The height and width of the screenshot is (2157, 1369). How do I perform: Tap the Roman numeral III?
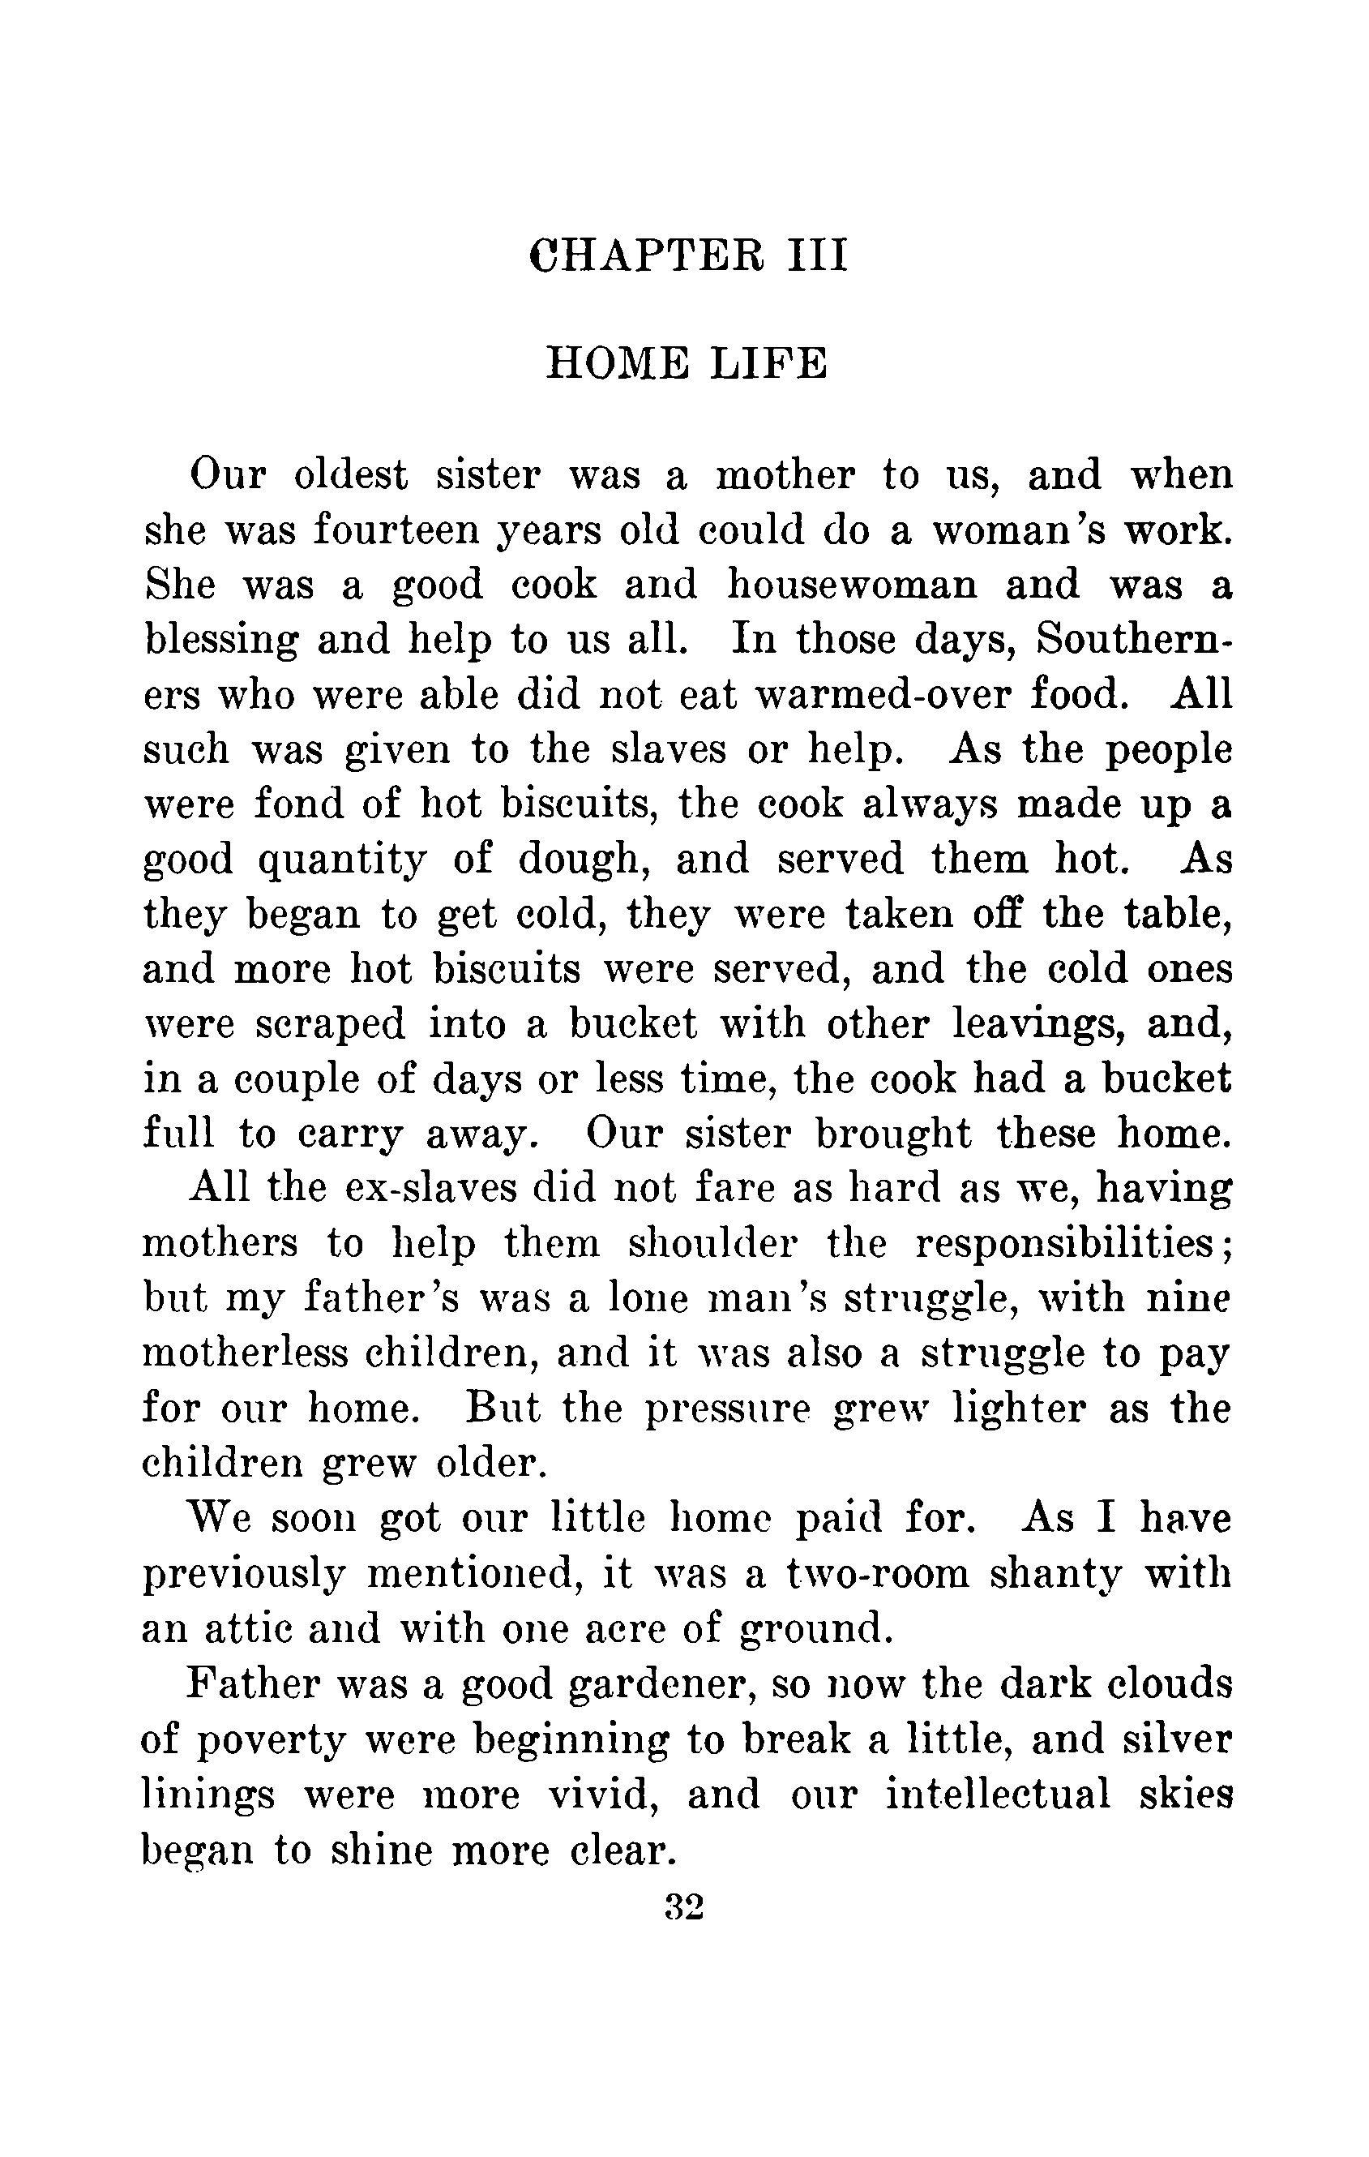point(816,255)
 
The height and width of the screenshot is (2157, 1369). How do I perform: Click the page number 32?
point(685,1909)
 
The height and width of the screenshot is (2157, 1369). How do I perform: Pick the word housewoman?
point(852,585)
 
